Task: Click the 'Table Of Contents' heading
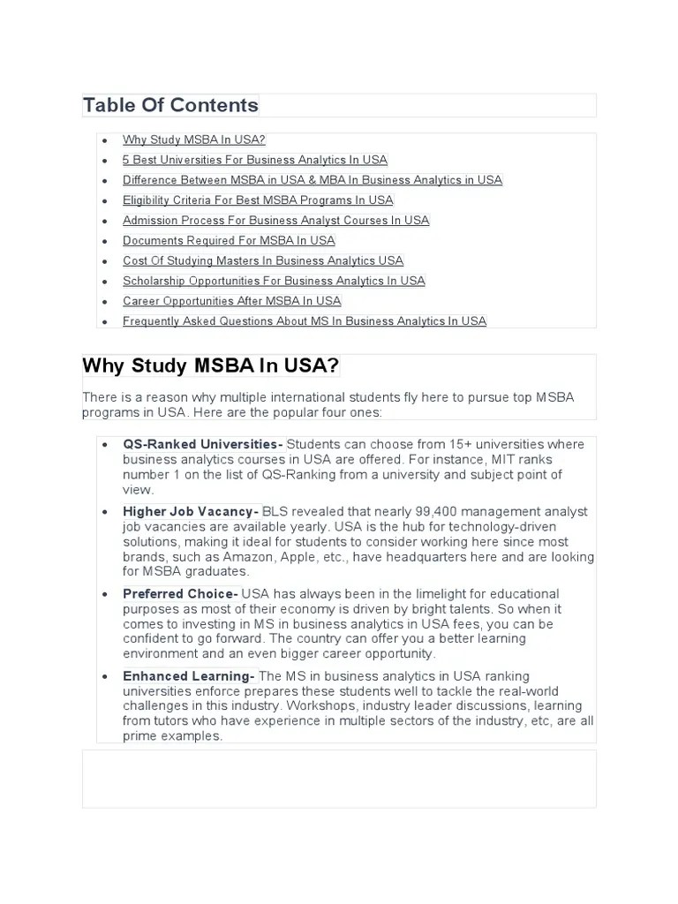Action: (x=170, y=106)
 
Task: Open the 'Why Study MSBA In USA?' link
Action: (x=194, y=139)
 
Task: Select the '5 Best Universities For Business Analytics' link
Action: (x=255, y=160)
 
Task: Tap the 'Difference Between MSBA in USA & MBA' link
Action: (x=313, y=180)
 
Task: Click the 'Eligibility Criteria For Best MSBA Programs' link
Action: (x=258, y=200)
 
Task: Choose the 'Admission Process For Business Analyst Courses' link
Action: (x=275, y=221)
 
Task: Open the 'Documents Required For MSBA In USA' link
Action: (x=229, y=241)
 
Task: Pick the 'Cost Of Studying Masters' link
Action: (x=263, y=261)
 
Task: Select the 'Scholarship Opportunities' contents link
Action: (x=274, y=282)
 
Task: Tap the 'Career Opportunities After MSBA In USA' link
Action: (x=231, y=302)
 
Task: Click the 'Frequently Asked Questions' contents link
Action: (x=305, y=321)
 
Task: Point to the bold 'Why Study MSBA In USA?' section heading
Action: (x=210, y=366)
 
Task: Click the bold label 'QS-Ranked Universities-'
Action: (x=203, y=444)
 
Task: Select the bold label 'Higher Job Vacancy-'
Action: (x=191, y=512)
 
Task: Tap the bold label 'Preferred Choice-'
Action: (x=181, y=594)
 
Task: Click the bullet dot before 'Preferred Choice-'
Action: (x=105, y=595)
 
